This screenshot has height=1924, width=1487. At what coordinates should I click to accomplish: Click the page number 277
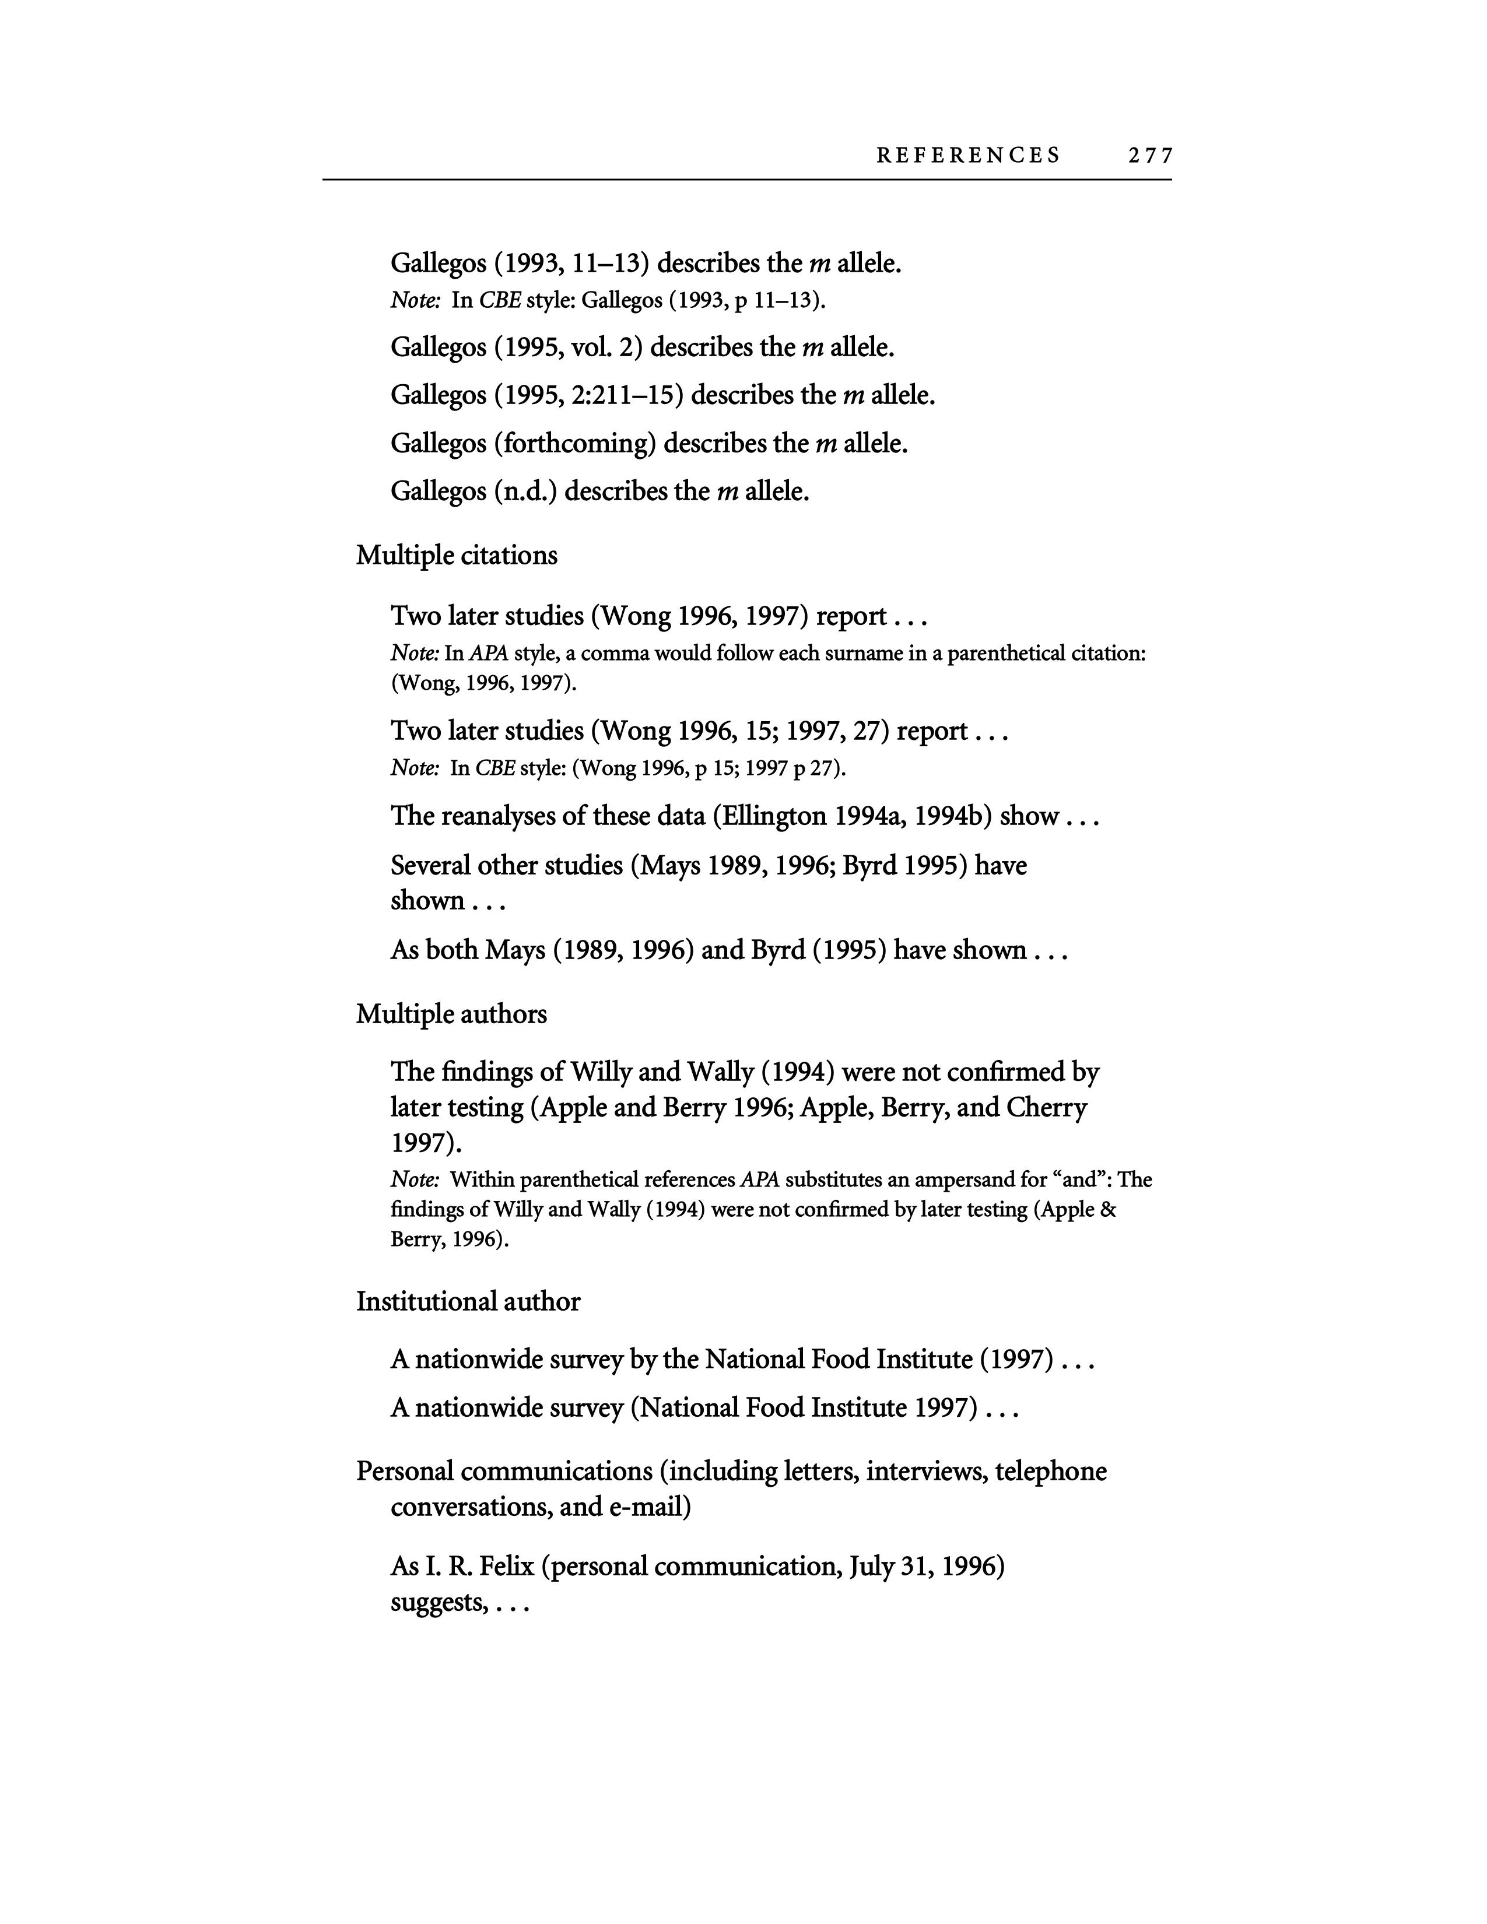[1149, 156]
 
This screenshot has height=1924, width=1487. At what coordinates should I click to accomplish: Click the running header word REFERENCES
[968, 156]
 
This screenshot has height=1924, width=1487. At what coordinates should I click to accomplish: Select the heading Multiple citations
[457, 555]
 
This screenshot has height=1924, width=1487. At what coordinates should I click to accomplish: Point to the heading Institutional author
[468, 1301]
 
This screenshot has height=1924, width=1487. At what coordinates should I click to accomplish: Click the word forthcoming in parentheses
[573, 443]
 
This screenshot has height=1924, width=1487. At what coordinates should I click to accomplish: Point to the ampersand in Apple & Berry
[1108, 1210]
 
